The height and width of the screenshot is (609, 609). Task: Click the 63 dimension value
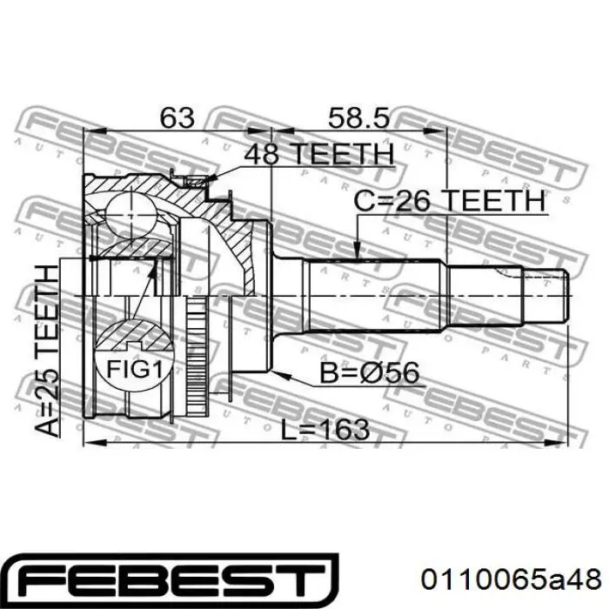click(177, 117)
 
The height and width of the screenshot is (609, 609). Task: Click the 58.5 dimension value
click(358, 117)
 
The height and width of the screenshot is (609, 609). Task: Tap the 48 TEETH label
click(319, 154)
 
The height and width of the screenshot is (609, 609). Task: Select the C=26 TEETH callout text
click(450, 201)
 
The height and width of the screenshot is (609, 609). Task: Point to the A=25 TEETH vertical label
click(47, 351)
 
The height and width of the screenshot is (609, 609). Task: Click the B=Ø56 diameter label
click(370, 373)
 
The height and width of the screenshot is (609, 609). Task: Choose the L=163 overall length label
click(325, 429)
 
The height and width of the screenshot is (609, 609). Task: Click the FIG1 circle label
click(134, 369)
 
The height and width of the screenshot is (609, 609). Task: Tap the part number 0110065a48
click(512, 580)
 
